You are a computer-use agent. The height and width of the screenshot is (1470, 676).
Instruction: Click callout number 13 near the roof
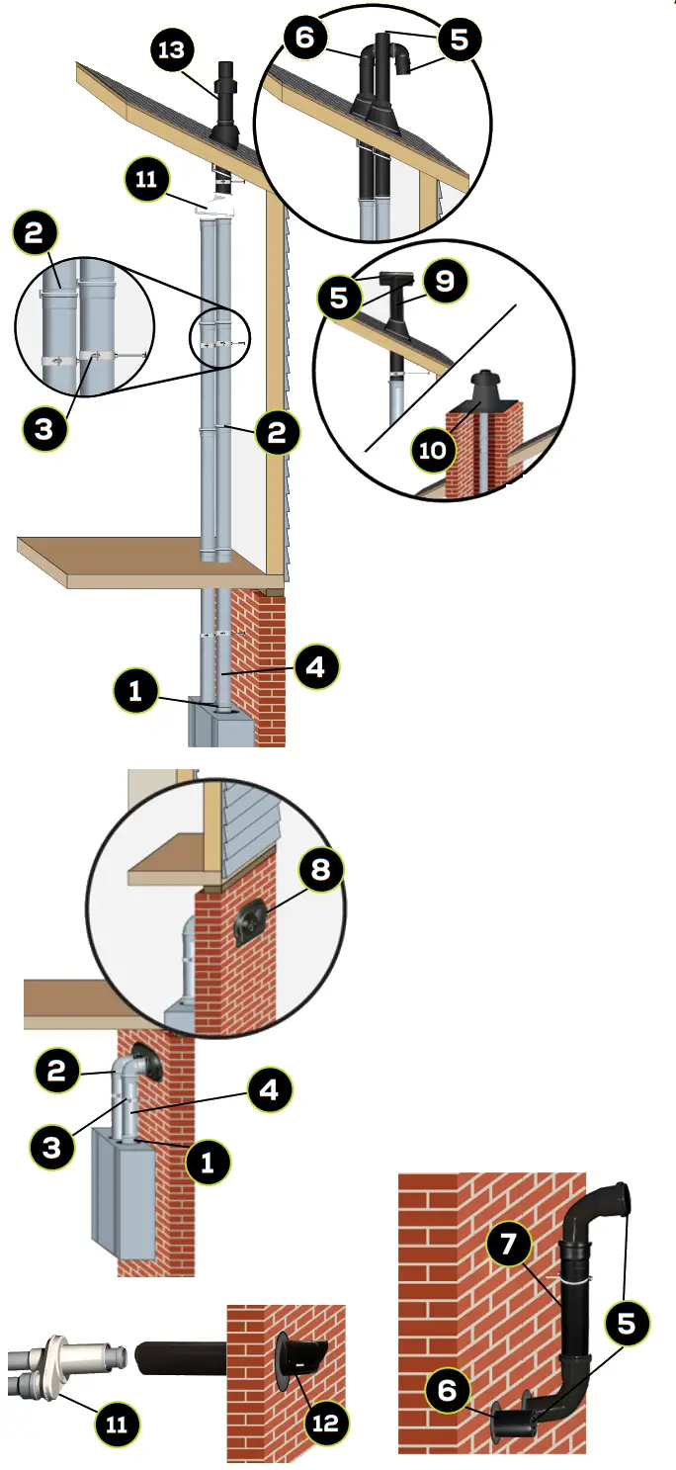coord(172,49)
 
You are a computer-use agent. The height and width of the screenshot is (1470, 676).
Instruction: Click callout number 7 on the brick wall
coord(508,1245)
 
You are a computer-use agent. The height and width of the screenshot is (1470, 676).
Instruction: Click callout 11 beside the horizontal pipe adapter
coord(117,1425)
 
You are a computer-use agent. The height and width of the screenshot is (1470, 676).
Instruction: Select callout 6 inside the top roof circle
coord(304,39)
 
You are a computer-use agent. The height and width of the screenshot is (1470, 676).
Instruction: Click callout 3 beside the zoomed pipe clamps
coord(43,427)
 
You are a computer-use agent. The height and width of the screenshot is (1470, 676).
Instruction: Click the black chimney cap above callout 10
coord(486,388)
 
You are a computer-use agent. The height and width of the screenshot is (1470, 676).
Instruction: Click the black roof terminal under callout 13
coord(224,109)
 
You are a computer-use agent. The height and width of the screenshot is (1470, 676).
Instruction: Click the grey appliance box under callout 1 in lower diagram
coord(124,1191)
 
